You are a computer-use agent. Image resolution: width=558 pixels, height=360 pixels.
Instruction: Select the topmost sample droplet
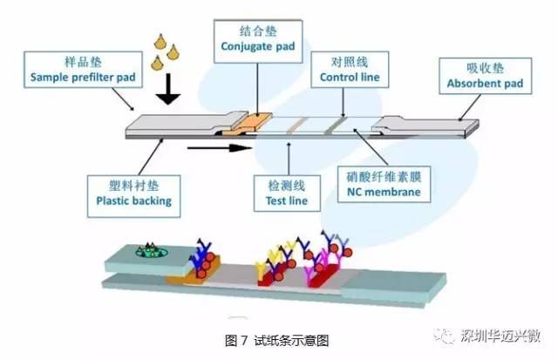pos(160,40)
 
